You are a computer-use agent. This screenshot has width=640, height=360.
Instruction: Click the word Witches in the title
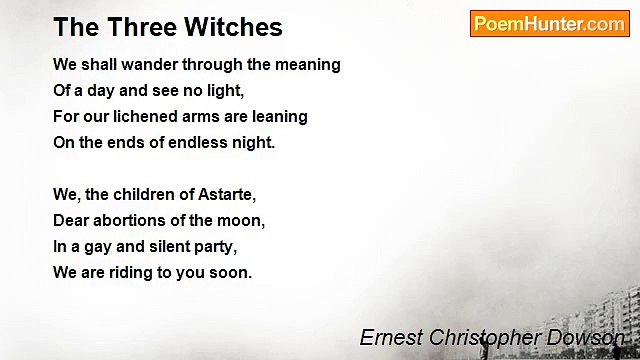pyautogui.click(x=235, y=27)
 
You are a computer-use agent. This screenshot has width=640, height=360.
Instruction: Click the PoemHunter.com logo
pyautogui.click(x=549, y=23)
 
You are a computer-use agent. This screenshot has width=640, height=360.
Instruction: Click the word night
pyautogui.click(x=253, y=142)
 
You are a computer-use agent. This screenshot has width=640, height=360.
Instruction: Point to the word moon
pyautogui.click(x=244, y=220)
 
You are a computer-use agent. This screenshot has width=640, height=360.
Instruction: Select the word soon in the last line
pyautogui.click(x=231, y=272)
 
